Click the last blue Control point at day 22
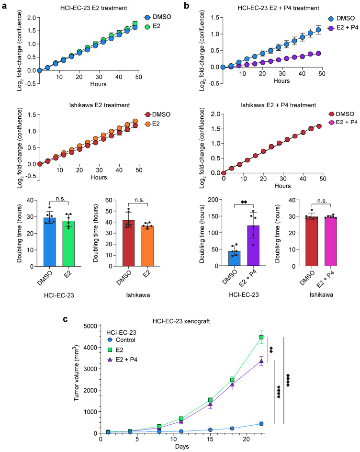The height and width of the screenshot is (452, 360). coord(261,423)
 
